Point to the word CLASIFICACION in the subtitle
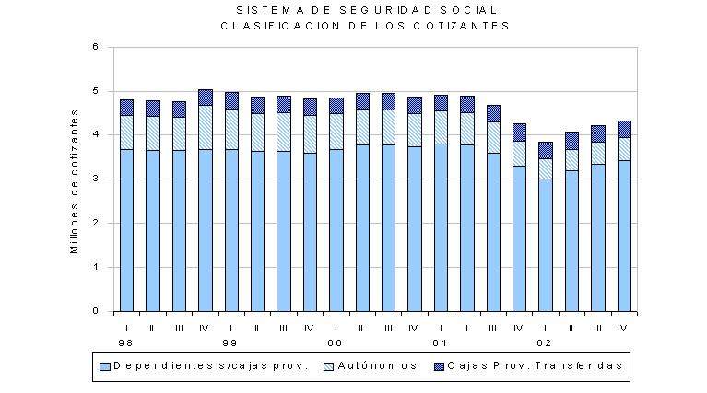(280, 26)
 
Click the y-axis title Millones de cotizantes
(75, 182)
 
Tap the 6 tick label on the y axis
(96, 47)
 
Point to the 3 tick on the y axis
(96, 179)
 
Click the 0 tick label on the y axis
(96, 311)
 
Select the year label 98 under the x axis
(125, 343)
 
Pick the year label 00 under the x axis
(335, 343)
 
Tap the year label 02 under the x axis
(544, 343)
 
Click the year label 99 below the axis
(230, 343)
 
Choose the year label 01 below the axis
(440, 343)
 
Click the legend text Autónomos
(377, 366)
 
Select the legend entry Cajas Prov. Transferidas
(536, 366)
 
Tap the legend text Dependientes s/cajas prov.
(211, 366)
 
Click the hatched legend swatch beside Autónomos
(329, 366)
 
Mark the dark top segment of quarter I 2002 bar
(546, 150)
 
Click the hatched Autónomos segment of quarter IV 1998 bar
(206, 127)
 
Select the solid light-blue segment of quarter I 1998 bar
(126, 230)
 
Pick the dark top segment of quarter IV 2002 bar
(624, 129)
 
